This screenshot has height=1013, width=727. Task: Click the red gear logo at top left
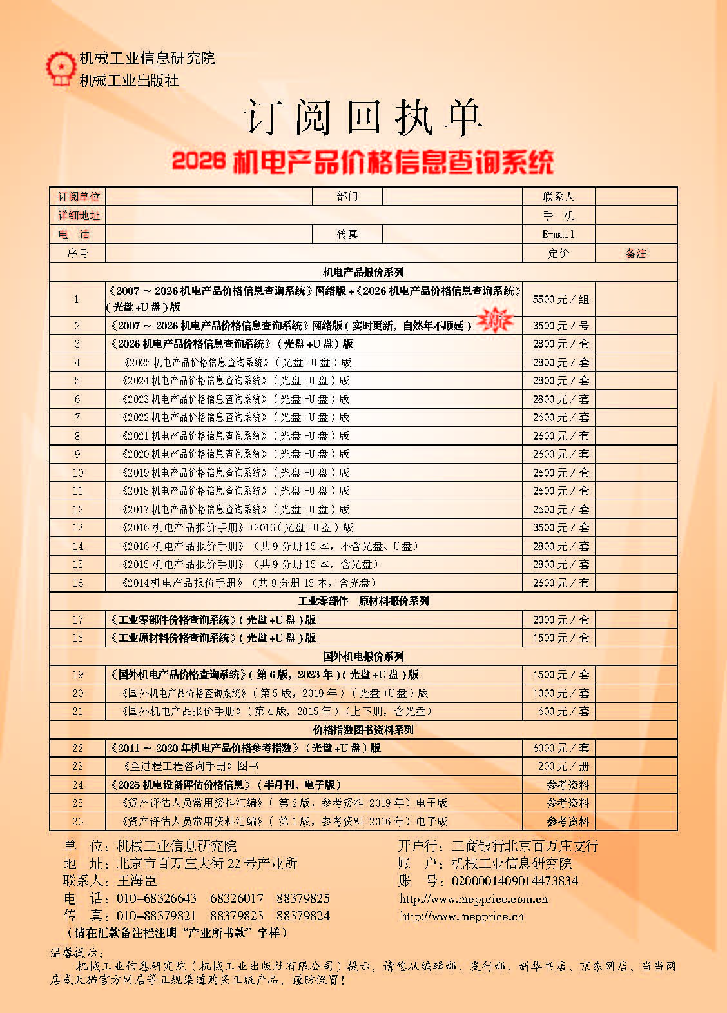[x=60, y=68]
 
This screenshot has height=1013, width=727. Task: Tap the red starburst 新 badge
[x=494, y=320]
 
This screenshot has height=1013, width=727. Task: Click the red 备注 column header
[x=635, y=253]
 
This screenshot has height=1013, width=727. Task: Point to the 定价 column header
[x=558, y=253]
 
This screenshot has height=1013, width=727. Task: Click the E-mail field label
[x=558, y=234]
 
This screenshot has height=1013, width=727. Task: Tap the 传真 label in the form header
[x=347, y=234]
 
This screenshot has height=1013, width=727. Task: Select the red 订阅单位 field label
[x=79, y=197]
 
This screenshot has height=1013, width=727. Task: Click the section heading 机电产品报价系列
[x=363, y=272]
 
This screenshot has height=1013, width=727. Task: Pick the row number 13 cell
[x=77, y=527]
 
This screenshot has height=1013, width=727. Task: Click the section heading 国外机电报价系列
[x=363, y=656]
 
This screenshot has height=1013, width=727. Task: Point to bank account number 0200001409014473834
[x=514, y=881]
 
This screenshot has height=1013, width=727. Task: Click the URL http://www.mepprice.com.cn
[x=474, y=899]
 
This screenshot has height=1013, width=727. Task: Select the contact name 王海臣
[x=137, y=881]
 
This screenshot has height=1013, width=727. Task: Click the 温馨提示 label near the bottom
[x=76, y=952]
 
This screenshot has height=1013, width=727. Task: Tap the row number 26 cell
[x=77, y=821]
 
